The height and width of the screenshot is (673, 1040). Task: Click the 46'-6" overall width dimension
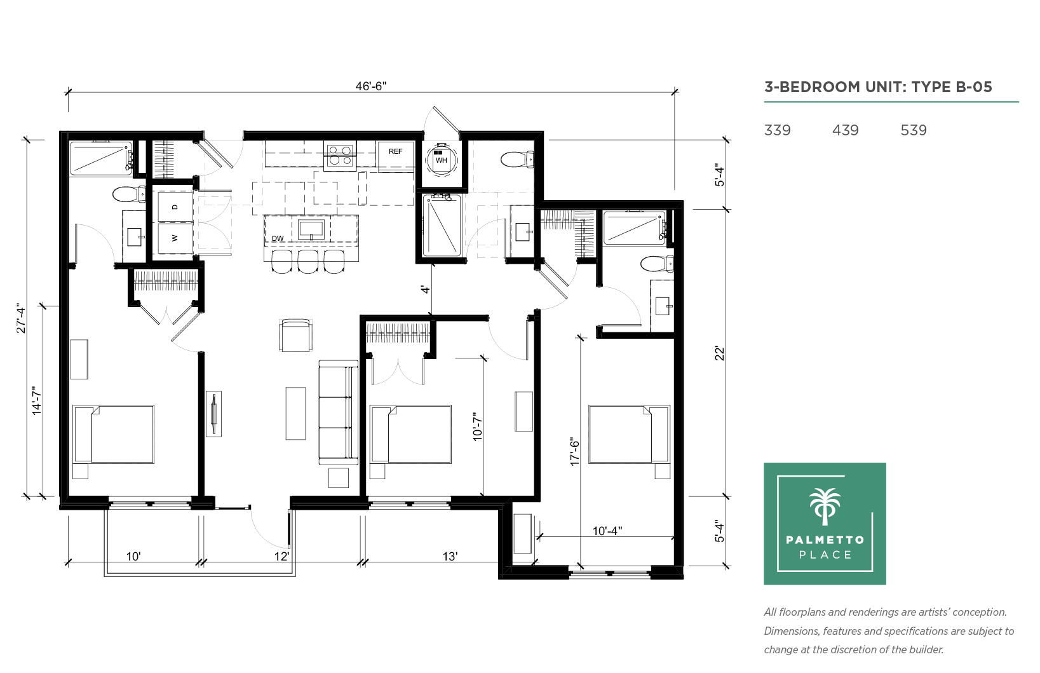(x=371, y=86)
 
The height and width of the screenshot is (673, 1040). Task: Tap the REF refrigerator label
(x=396, y=151)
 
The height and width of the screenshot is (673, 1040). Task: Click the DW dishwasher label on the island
(x=278, y=238)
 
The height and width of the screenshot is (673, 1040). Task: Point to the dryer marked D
(x=175, y=207)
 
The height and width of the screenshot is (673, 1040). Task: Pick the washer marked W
(x=175, y=238)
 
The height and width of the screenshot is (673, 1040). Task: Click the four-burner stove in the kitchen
(x=340, y=156)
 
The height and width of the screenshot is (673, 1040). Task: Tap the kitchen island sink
(x=311, y=229)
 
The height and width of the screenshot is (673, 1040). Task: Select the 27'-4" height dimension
(x=22, y=318)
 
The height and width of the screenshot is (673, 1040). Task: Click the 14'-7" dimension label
(x=37, y=400)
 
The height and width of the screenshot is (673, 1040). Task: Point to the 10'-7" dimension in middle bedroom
(x=478, y=426)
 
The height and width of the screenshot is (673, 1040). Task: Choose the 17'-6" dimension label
(x=575, y=451)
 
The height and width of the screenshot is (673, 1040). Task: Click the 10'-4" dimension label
(x=607, y=531)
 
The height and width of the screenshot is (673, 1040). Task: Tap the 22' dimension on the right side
(x=720, y=353)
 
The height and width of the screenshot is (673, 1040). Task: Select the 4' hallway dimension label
(x=425, y=289)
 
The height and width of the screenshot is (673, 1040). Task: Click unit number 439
(x=846, y=130)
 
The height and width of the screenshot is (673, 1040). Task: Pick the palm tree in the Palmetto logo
(x=825, y=506)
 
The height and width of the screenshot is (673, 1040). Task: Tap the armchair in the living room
(x=296, y=335)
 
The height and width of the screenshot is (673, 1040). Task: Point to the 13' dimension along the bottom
(x=450, y=556)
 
